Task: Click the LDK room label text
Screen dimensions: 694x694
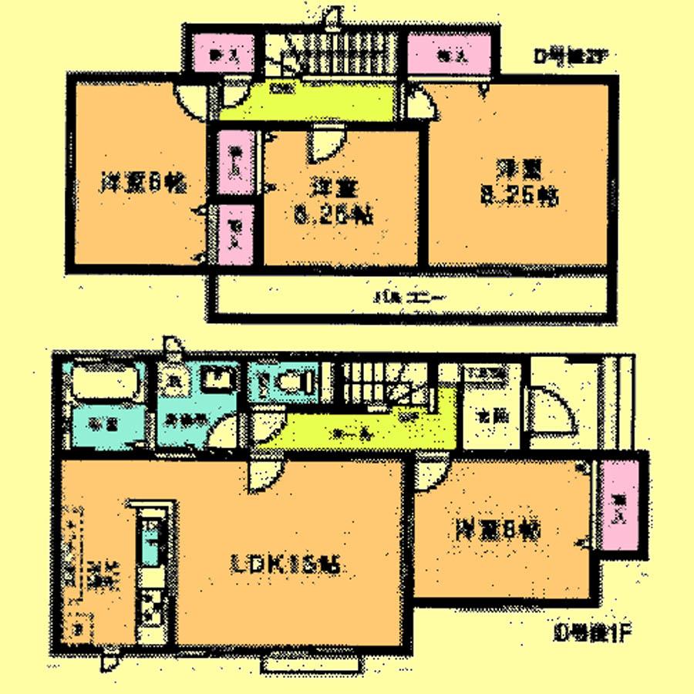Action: tap(285, 565)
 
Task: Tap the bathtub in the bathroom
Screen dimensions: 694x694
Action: tap(105, 383)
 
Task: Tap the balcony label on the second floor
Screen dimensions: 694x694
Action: tap(401, 297)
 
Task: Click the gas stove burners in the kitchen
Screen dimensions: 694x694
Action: tap(152, 605)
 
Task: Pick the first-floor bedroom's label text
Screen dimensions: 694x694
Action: tap(497, 530)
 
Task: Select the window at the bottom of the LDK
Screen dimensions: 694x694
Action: tap(312, 663)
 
